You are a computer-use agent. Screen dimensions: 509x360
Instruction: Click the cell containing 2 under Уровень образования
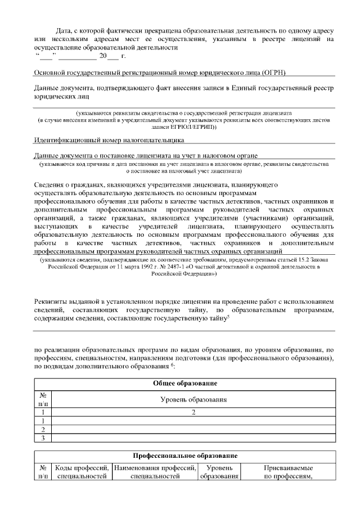[x=193, y=412]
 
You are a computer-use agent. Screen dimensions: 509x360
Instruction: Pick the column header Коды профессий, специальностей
[x=82, y=472]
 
